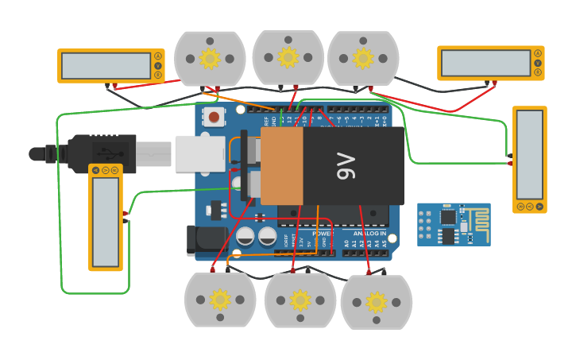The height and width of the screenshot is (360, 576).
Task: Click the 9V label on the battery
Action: click(347, 166)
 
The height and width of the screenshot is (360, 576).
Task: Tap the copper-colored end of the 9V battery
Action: click(281, 166)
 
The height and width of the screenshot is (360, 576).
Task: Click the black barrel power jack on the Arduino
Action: click(203, 241)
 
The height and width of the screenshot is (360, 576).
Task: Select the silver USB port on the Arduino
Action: click(200, 153)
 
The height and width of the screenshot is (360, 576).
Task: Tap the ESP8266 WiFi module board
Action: click(454, 224)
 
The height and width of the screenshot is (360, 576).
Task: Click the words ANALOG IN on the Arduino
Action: click(369, 234)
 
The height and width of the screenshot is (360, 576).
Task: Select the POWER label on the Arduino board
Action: click(320, 234)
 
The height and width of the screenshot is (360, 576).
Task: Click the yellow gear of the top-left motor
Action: click(210, 58)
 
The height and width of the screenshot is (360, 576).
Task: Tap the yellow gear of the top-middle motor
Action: click(288, 56)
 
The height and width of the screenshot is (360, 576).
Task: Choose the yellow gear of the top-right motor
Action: click(363, 58)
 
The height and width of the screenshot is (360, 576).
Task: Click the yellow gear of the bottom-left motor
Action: click(220, 300)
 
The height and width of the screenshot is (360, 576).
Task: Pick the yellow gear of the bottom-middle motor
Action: click(300, 300)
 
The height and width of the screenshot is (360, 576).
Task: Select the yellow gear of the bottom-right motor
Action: click(377, 301)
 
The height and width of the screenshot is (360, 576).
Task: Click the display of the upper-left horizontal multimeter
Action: click(106, 66)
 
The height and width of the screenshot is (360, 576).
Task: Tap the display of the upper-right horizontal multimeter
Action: click(485, 63)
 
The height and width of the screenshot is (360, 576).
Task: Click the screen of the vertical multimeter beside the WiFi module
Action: click(529, 154)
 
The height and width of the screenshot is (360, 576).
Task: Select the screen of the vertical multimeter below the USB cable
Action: click(105, 222)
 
